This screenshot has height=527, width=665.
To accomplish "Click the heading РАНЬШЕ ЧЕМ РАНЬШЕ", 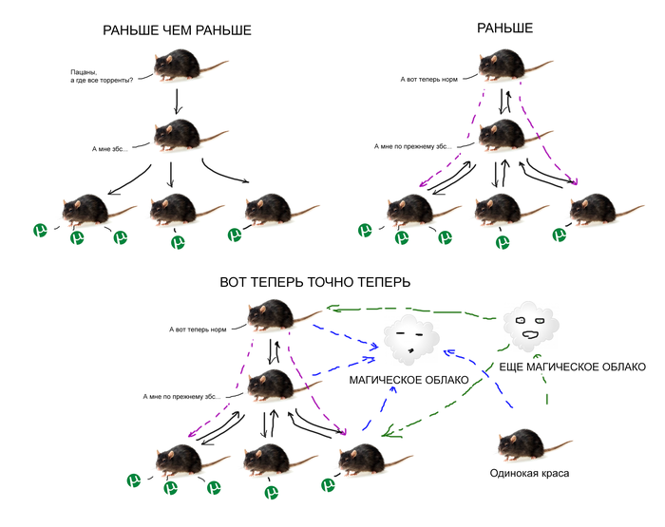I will (177, 31).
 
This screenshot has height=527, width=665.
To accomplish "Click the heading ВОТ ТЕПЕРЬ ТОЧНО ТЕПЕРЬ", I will (314, 282).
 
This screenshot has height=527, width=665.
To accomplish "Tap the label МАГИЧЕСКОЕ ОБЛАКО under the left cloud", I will (408, 380).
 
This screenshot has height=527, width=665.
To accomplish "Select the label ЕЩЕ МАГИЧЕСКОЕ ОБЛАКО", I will (572, 367).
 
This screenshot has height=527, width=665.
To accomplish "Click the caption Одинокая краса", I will (529, 472).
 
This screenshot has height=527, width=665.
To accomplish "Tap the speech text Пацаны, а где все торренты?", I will (101, 75).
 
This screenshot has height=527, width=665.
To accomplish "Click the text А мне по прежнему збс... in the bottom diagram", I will (181, 396).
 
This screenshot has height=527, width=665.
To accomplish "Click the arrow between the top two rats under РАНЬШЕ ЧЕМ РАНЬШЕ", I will (177, 100).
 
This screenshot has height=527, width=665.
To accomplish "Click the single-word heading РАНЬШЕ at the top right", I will (504, 29).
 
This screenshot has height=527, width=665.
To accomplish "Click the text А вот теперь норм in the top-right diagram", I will (430, 79).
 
